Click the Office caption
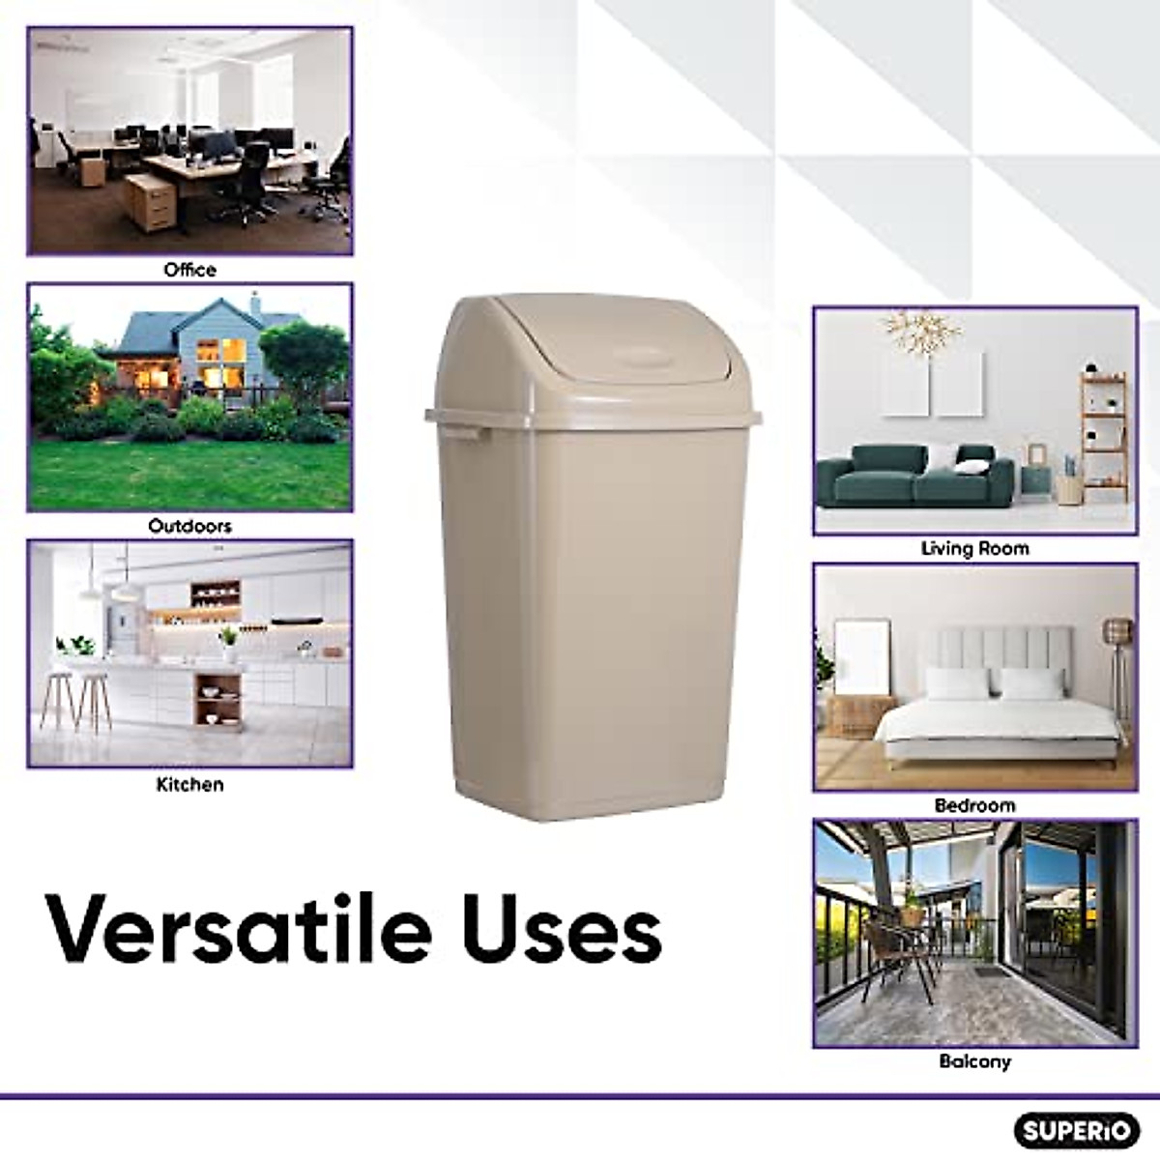(x=189, y=270)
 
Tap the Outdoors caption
(x=189, y=527)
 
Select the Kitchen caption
(x=189, y=784)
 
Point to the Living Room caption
(x=974, y=548)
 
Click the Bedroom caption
(x=974, y=805)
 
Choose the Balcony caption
(x=974, y=1061)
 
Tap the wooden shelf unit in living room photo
(x=1102, y=435)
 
